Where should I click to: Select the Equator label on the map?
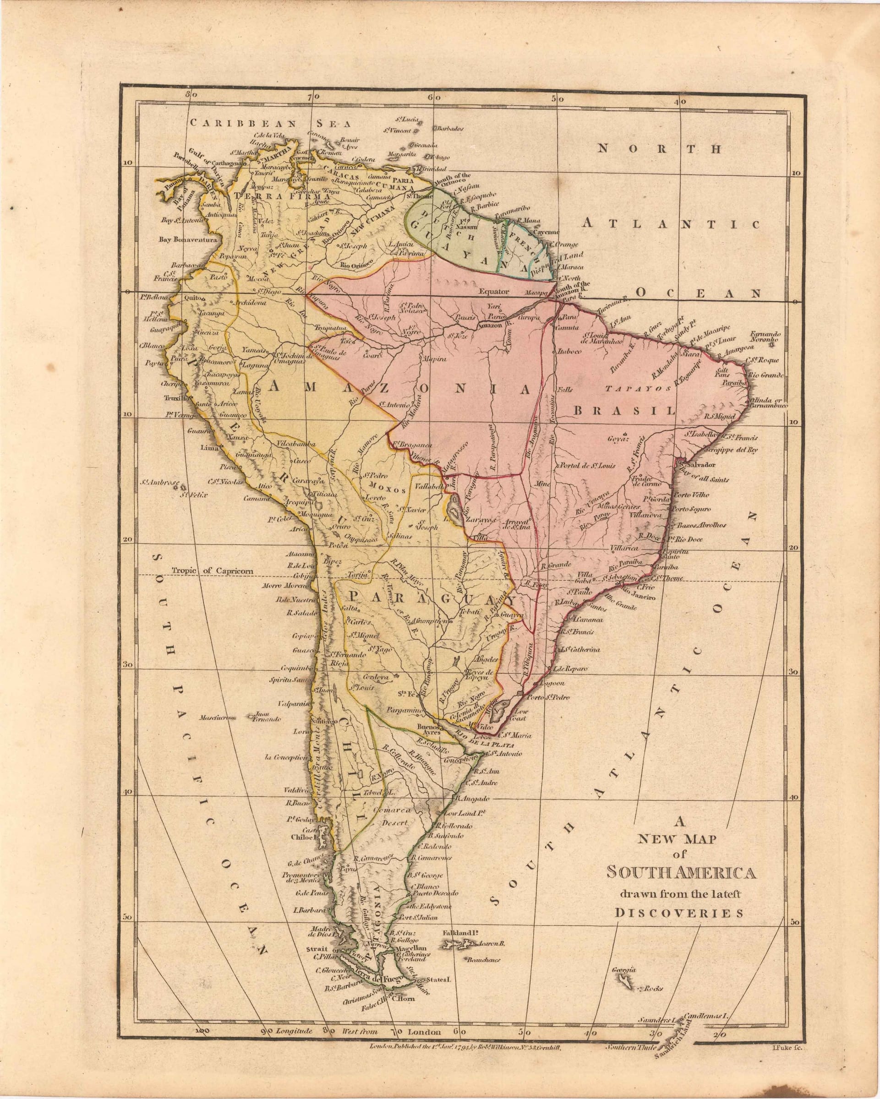(x=494, y=292)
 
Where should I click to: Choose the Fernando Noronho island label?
(x=765, y=337)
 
